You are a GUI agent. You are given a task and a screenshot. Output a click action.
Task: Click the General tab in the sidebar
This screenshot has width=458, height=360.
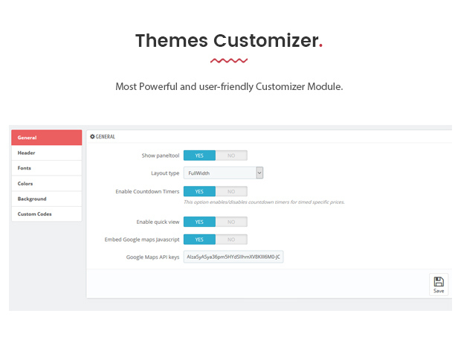pyautogui.click(x=47, y=138)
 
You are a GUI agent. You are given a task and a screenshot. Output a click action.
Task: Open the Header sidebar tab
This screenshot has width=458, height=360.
pyautogui.click(x=47, y=152)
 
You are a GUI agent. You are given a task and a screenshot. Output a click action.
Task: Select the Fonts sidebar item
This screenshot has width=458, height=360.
pyautogui.click(x=47, y=168)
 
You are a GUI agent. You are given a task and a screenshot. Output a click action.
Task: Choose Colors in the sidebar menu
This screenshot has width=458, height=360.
pyautogui.click(x=47, y=184)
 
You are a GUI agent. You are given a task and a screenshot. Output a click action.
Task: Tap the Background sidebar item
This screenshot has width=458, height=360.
pyautogui.click(x=47, y=199)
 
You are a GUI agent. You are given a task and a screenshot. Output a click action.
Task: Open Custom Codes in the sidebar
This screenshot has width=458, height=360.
pyautogui.click(x=47, y=214)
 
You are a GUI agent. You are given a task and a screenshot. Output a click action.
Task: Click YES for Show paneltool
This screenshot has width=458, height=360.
pyautogui.click(x=199, y=155)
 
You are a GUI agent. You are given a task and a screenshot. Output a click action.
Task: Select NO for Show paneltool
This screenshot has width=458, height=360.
pyautogui.click(x=231, y=155)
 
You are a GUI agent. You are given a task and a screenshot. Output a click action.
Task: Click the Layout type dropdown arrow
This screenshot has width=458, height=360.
pyautogui.click(x=259, y=173)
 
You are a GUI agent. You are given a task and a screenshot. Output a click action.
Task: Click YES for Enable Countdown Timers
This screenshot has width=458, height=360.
pyautogui.click(x=199, y=191)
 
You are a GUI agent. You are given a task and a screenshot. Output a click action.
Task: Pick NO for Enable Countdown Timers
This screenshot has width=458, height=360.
pyautogui.click(x=231, y=191)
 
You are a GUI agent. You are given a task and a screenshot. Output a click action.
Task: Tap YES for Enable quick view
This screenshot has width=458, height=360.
pyautogui.click(x=199, y=222)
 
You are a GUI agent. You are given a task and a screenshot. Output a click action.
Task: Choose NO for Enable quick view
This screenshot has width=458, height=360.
pyautogui.click(x=231, y=222)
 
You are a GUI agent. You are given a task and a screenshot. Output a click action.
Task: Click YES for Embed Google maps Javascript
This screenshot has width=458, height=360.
pyautogui.click(x=199, y=240)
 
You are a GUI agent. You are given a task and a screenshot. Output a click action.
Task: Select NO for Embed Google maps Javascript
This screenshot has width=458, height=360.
pyautogui.click(x=231, y=240)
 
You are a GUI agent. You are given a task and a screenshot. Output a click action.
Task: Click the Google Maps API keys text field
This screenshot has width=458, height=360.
pyautogui.click(x=233, y=257)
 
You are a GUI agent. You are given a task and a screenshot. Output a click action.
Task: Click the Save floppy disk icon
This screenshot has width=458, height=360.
pyautogui.click(x=439, y=282)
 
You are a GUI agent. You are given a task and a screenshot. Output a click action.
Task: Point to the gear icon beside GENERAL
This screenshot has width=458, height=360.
pyautogui.click(x=92, y=136)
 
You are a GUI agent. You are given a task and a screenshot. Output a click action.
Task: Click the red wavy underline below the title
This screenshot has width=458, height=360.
pyautogui.click(x=229, y=60)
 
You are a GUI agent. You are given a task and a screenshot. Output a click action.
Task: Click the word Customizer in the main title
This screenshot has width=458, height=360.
pyautogui.click(x=266, y=40)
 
